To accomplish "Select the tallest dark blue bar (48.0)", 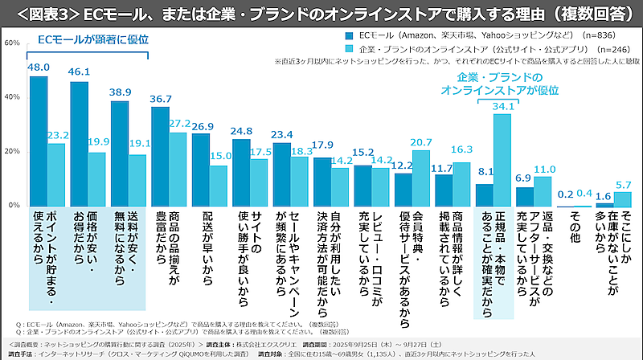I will [38, 141].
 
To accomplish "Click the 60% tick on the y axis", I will [12, 42].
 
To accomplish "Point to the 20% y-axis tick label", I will [12, 151].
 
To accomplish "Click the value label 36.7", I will [160, 99].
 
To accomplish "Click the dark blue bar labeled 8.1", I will [483, 194].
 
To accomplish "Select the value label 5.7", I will [623, 184].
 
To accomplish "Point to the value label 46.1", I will [79, 73].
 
